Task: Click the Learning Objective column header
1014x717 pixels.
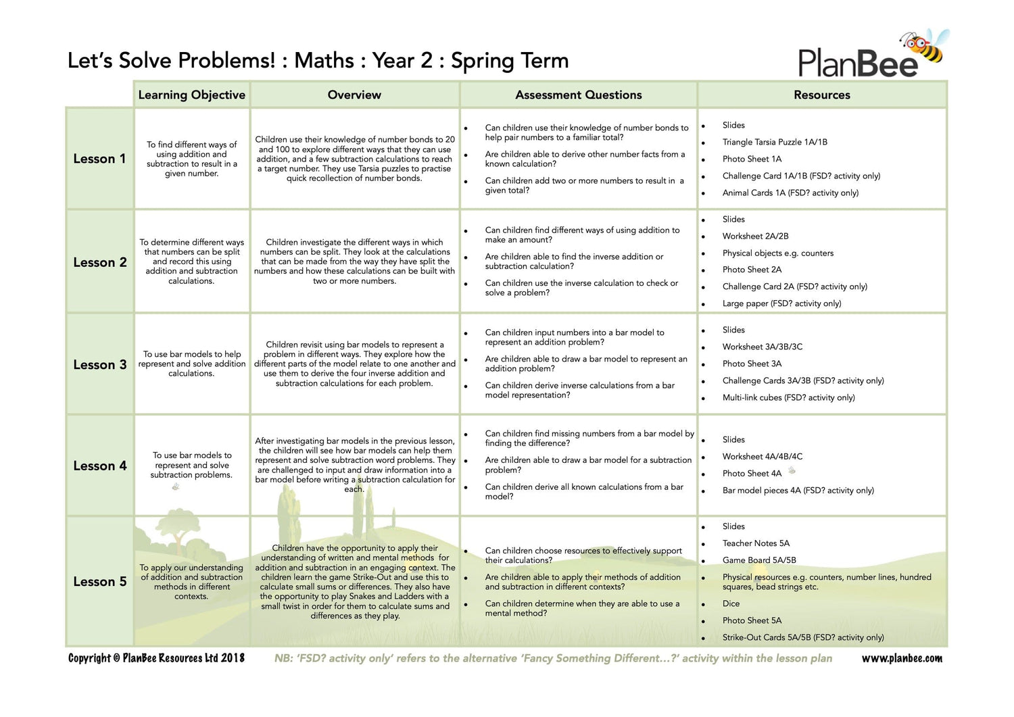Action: coord(191,95)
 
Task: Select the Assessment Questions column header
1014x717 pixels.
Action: coord(578,95)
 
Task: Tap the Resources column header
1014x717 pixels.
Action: coord(821,95)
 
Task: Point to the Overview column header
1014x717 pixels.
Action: coord(354,95)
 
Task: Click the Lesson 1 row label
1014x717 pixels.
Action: coord(99,159)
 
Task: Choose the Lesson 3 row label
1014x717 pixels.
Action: coord(99,365)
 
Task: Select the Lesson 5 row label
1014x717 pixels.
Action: coord(99,582)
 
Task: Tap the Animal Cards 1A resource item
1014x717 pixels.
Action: coord(790,193)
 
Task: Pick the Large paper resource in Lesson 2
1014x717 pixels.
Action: coord(781,303)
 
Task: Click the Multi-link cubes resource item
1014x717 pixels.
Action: coord(788,397)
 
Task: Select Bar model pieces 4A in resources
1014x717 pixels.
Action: coord(798,491)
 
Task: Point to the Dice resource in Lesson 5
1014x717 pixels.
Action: coord(731,603)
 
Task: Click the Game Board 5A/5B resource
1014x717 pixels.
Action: coord(759,560)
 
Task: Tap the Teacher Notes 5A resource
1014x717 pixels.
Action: coord(756,543)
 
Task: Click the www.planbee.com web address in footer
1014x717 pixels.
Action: coord(901,658)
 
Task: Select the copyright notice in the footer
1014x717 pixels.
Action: coord(156,658)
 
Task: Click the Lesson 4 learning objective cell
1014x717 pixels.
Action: coord(192,465)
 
